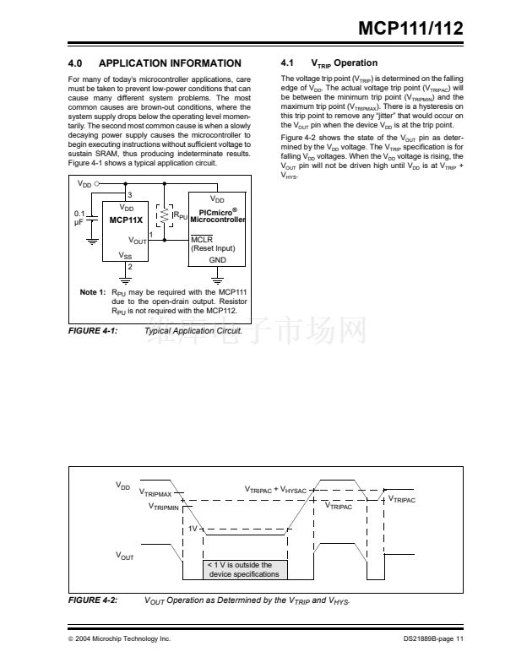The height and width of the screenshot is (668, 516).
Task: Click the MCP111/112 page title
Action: [x=411, y=28]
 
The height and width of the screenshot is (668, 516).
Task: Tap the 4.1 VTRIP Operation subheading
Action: [x=329, y=63]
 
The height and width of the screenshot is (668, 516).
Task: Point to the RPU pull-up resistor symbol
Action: [x=166, y=215]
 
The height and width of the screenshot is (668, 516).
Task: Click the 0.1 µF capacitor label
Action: [x=81, y=219]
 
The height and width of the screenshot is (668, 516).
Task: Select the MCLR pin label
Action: [x=199, y=239]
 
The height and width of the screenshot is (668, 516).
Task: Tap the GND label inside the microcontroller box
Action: [x=217, y=260]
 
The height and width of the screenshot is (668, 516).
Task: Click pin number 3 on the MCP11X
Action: [x=130, y=195]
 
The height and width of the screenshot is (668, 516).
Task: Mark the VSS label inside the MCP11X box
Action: [x=125, y=255]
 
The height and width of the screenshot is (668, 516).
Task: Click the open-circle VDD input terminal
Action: [x=98, y=183]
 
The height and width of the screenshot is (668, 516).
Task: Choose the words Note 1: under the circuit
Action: [x=91, y=292]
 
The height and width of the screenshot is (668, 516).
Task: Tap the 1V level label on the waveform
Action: [x=193, y=528]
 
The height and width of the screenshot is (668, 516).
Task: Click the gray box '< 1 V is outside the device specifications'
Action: [x=243, y=569]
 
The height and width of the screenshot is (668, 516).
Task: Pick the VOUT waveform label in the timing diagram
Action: [x=125, y=556]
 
